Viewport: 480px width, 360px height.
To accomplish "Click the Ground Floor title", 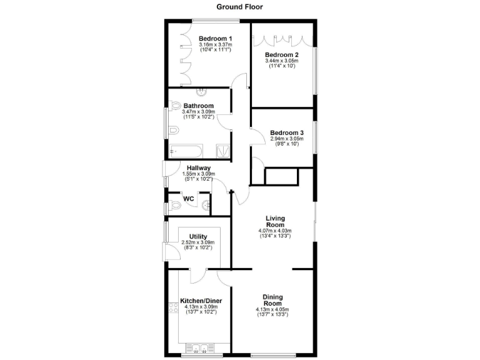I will (240, 7).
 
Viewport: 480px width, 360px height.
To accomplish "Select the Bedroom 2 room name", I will (282, 55).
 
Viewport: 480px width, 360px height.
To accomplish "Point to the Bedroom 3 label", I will (286, 132).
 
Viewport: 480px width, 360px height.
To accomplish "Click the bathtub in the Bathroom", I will (186, 151).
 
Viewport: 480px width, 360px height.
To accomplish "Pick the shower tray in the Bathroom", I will (222, 151).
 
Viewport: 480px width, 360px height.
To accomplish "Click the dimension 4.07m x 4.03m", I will (275, 231).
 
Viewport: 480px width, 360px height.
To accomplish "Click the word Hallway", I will (199, 168).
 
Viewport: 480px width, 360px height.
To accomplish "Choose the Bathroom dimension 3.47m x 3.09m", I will (199, 112).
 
